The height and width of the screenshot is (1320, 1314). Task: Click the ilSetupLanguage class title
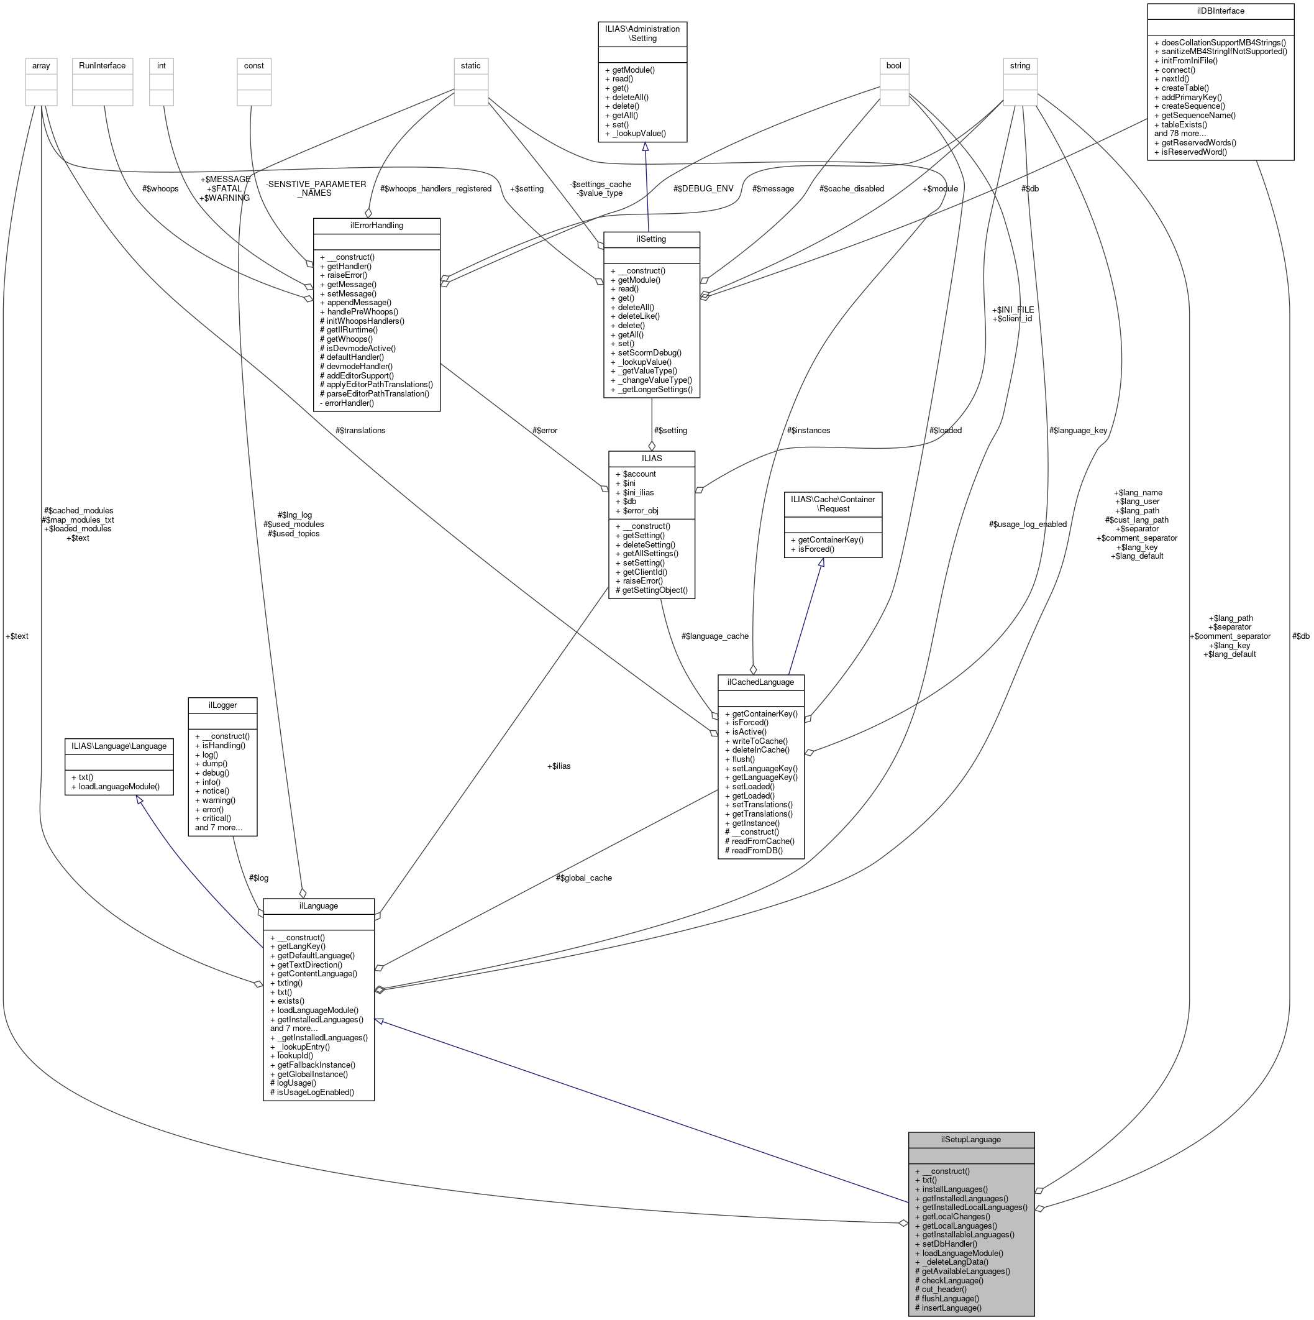point(970,1140)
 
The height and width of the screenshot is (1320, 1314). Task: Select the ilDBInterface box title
point(1220,11)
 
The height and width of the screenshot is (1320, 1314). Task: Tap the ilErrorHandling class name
point(376,226)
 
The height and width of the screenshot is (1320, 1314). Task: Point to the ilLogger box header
point(222,704)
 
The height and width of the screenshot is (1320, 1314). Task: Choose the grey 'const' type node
point(254,66)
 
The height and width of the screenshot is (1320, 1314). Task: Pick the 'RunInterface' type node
point(103,66)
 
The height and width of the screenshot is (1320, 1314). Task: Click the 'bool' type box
point(894,66)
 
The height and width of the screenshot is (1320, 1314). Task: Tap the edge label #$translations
point(360,431)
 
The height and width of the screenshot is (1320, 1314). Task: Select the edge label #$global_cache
point(583,878)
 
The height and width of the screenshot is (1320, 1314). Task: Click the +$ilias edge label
point(558,766)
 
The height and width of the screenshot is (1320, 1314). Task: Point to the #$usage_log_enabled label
point(1027,524)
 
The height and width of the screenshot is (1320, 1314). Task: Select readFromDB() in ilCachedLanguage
point(757,851)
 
